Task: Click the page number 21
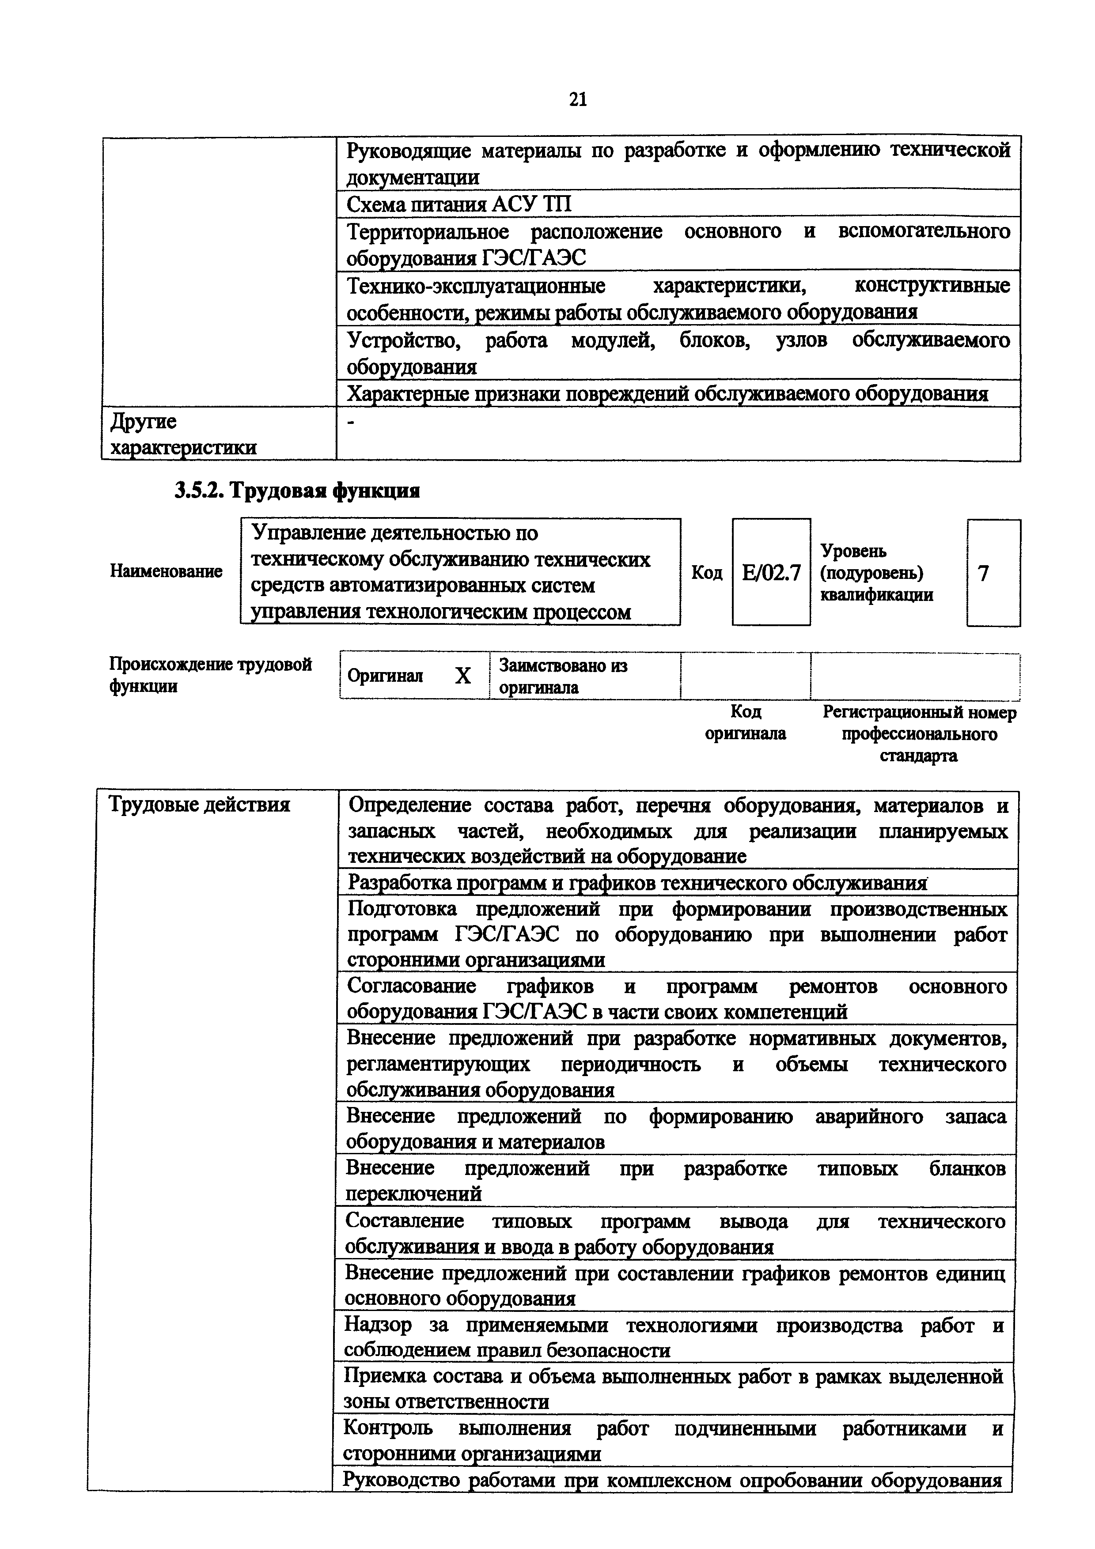(x=577, y=100)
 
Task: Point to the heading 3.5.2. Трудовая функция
(x=297, y=491)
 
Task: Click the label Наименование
(x=166, y=571)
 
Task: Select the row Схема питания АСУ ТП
(x=459, y=204)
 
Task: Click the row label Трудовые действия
(x=200, y=805)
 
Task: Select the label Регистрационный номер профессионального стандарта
(x=919, y=734)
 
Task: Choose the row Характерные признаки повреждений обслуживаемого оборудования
(x=667, y=394)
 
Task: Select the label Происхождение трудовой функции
(x=211, y=675)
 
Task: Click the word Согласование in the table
(x=411, y=986)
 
